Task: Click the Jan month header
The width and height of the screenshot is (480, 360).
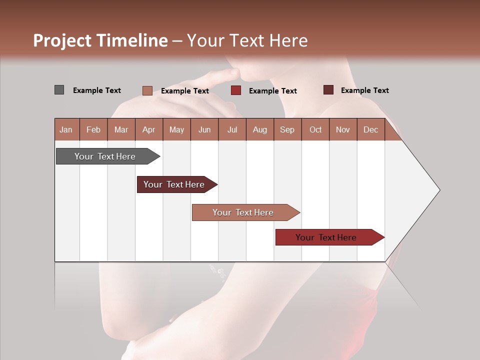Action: [66, 129]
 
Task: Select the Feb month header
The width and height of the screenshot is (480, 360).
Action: [93, 129]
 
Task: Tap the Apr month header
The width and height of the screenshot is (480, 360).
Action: [148, 129]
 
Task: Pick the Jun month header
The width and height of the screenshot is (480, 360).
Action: [204, 129]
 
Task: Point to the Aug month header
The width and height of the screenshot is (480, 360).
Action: [259, 129]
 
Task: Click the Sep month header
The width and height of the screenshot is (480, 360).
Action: [287, 129]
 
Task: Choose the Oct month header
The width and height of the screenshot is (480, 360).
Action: [315, 129]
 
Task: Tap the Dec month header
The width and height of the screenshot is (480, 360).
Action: [370, 129]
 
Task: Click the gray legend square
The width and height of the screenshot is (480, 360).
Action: [59, 90]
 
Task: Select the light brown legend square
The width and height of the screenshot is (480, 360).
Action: [147, 90]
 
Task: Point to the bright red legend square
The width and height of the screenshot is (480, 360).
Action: [236, 90]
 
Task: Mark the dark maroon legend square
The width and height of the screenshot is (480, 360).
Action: [328, 90]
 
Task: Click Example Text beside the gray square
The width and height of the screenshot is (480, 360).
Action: [97, 90]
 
